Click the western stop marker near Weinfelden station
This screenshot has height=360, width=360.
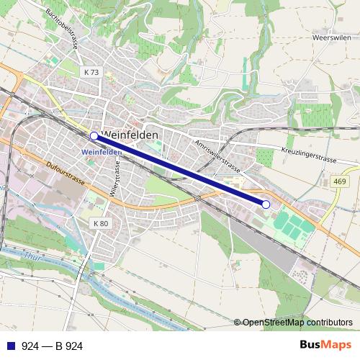click(x=94, y=135)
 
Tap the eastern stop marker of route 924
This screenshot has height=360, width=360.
click(x=266, y=204)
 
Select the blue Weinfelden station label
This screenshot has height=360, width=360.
click(x=102, y=152)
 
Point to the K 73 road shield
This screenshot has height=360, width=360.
click(x=91, y=72)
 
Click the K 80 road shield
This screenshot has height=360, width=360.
click(x=101, y=224)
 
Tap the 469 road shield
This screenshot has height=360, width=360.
click(x=341, y=182)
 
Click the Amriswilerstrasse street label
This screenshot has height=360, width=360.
click(x=217, y=154)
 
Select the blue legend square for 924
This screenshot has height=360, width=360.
click(x=9, y=346)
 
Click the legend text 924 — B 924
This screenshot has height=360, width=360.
click(x=52, y=346)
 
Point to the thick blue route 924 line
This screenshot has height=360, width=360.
click(x=180, y=170)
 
